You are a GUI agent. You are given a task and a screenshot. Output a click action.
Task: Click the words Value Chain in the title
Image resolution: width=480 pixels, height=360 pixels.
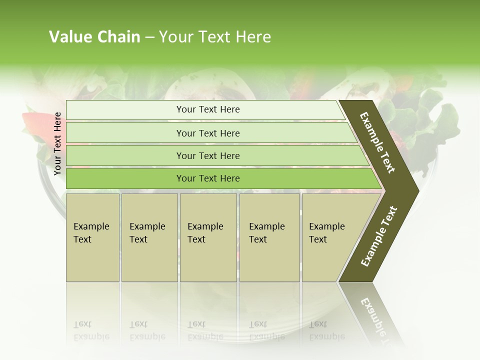coord(94,37)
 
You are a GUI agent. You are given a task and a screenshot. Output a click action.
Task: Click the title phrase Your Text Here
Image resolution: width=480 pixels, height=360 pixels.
coord(215,37)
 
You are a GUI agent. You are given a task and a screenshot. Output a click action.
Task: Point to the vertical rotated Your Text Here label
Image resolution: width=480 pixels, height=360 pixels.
coord(57,143)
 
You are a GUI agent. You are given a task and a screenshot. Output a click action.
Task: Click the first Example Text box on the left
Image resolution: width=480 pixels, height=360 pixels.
coord(92,237)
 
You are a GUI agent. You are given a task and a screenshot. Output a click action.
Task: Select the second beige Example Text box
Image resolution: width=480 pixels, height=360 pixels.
coord(149,237)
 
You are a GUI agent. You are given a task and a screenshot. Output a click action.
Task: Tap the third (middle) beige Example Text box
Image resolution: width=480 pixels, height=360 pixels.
coord(208,237)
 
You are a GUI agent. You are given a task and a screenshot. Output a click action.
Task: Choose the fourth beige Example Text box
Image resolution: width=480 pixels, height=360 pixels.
coord(269,237)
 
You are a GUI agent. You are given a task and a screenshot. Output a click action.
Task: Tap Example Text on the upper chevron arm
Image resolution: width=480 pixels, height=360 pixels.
coord(377,142)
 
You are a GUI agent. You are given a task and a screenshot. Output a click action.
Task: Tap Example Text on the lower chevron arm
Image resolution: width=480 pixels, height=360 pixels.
coord(378,236)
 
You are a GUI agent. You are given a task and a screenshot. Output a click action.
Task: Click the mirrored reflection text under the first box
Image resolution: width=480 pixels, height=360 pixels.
coord(91,330)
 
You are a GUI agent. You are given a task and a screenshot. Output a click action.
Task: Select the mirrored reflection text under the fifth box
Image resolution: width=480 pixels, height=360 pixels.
coord(326,330)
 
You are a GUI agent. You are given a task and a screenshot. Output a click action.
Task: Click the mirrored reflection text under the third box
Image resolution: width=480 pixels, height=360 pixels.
coord(205,330)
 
